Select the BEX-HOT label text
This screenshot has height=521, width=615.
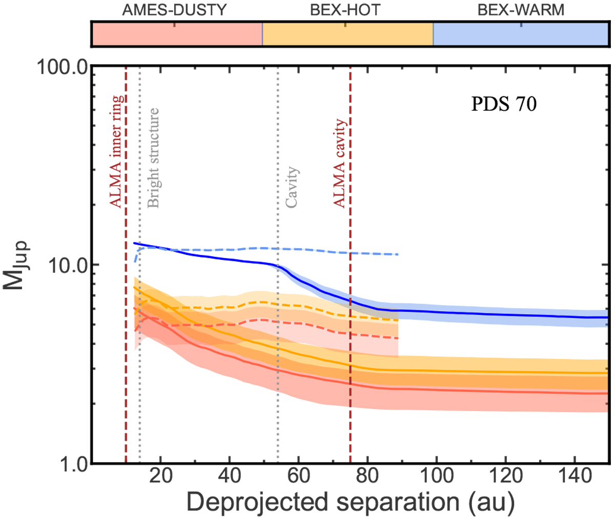[x=344, y=10]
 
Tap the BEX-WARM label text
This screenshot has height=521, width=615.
[x=521, y=10]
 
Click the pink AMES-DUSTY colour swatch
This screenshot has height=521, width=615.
[x=177, y=35]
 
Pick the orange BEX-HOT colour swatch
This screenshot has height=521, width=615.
[x=347, y=35]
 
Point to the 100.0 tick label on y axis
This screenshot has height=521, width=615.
[x=60, y=68]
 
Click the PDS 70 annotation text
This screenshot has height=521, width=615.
[x=504, y=104]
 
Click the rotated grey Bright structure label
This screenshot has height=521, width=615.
[x=153, y=157]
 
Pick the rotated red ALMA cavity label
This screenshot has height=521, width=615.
[x=340, y=163]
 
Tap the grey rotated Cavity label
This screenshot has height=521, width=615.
[x=292, y=187]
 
